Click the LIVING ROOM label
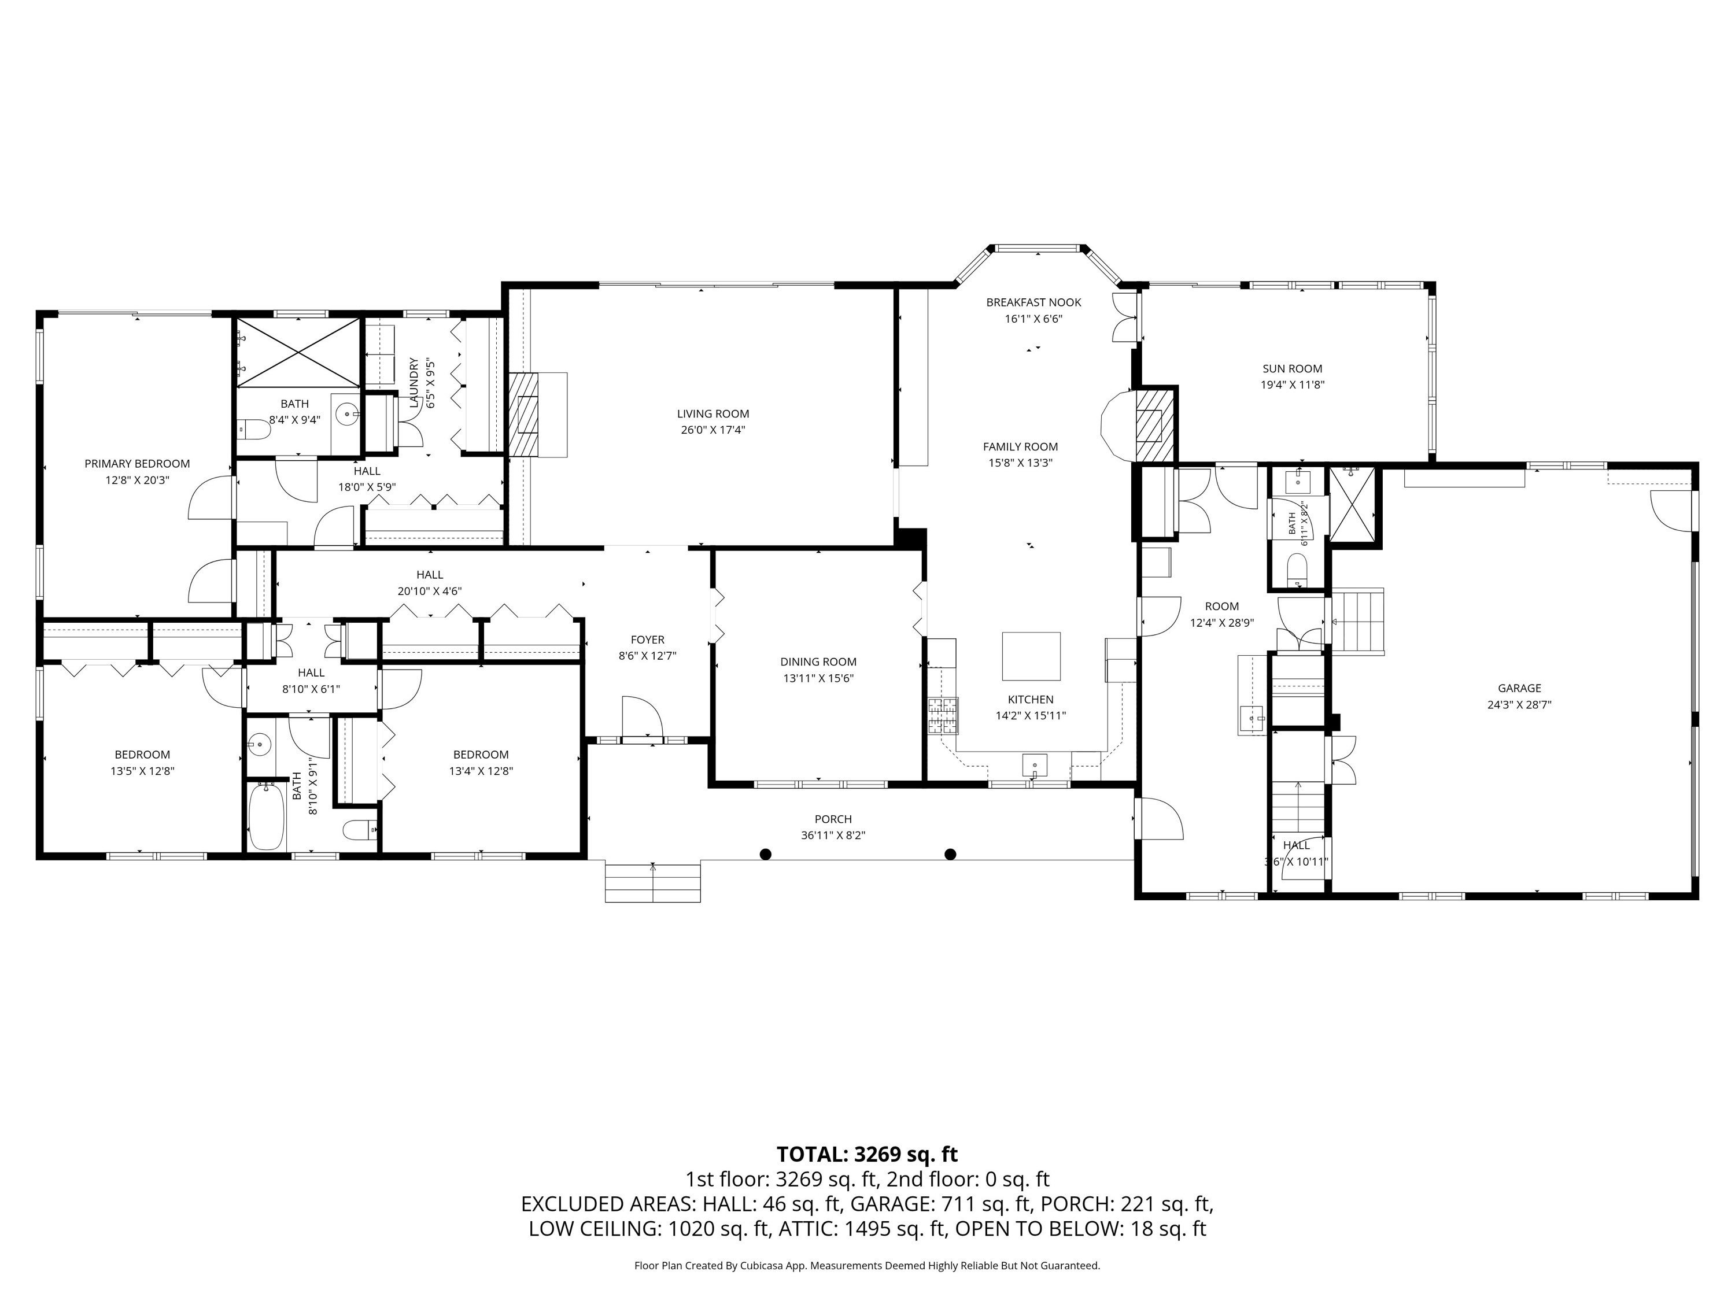713,413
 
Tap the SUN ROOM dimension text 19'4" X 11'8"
1292,385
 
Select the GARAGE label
1519,688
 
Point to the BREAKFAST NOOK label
1034,302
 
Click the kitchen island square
1031,656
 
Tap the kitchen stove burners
944,716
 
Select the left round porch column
766,854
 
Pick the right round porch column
951,854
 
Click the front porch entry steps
652,881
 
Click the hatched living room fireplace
524,414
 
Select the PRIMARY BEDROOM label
137,464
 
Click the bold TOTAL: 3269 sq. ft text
867,1154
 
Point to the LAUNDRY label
414,383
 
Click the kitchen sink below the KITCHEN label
1035,764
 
